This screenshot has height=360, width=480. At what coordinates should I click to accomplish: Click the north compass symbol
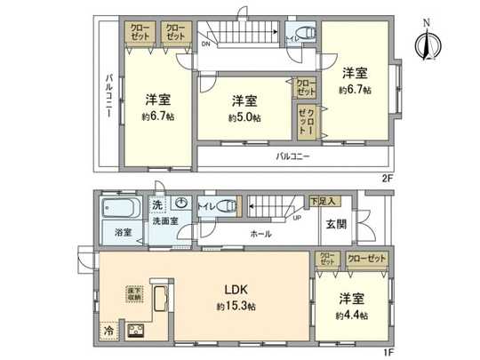coord(426,43)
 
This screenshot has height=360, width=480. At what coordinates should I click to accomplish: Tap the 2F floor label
coord(387,178)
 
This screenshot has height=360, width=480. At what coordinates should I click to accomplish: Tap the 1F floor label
coord(387,351)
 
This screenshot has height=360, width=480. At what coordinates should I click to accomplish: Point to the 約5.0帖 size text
coord(244,117)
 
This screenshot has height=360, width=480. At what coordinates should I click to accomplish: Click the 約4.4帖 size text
coord(350,315)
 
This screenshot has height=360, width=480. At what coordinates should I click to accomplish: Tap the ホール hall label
coord(261,234)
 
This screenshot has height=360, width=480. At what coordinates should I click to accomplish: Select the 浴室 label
coord(124,233)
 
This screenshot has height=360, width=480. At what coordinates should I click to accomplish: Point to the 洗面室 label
coord(169,221)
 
